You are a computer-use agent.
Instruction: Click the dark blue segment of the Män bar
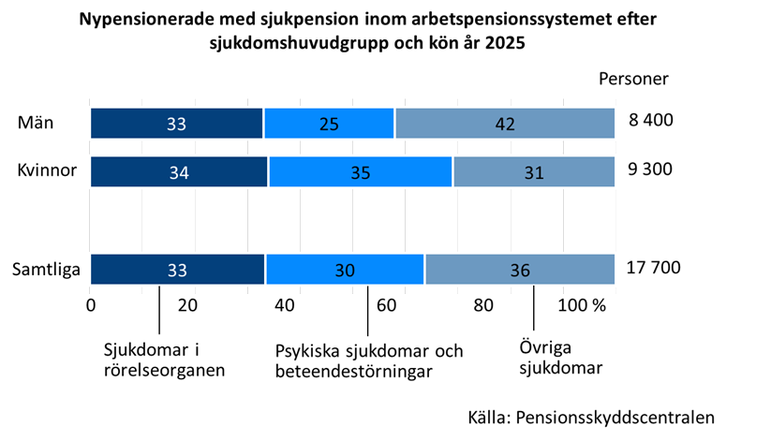pyautogui.click(x=176, y=124)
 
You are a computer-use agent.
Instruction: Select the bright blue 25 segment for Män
pyautogui.click(x=329, y=124)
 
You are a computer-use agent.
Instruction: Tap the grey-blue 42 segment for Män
pyautogui.click(x=505, y=124)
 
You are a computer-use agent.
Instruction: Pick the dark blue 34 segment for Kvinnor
pyautogui.click(x=179, y=172)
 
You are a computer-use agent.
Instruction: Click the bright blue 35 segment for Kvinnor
pyautogui.click(x=361, y=172)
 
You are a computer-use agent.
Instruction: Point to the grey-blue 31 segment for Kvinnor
pyautogui.click(x=535, y=172)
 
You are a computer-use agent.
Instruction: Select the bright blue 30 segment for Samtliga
pyautogui.click(x=345, y=270)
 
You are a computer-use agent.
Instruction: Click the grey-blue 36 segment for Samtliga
pyautogui.click(x=521, y=270)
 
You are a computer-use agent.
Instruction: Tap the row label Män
pyautogui.click(x=35, y=122)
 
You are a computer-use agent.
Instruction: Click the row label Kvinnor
pyautogui.click(x=46, y=170)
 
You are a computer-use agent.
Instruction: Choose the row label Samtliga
pyautogui.click(x=46, y=270)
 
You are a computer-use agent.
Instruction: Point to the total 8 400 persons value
pyautogui.click(x=650, y=121)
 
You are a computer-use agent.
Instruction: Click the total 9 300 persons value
pyautogui.click(x=650, y=169)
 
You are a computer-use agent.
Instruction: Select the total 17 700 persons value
pyautogui.click(x=653, y=268)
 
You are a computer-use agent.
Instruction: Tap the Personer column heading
pyautogui.click(x=633, y=79)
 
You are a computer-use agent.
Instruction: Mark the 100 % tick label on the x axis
pyautogui.click(x=582, y=305)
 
